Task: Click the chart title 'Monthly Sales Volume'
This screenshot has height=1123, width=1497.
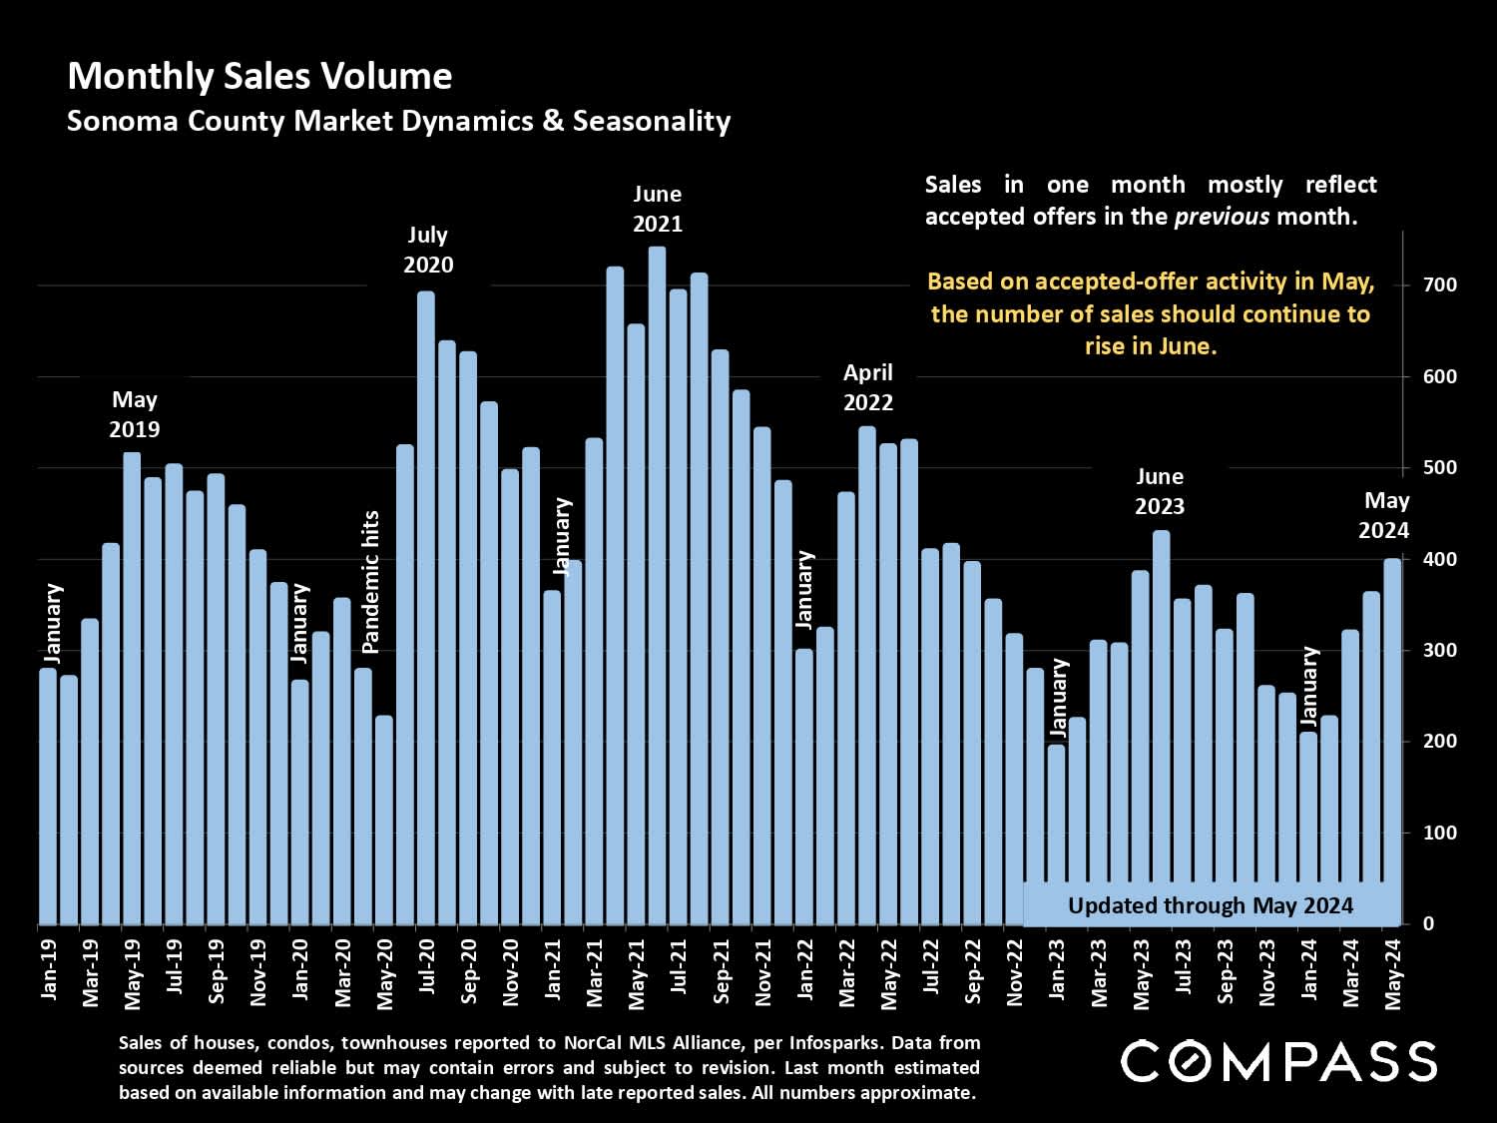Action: click(x=259, y=77)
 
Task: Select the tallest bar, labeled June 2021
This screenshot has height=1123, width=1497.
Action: click(x=657, y=589)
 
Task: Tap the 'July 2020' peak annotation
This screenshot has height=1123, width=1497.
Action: click(x=428, y=250)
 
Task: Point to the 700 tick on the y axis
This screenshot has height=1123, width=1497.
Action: click(x=1440, y=284)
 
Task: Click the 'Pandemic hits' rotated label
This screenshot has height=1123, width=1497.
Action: click(x=371, y=582)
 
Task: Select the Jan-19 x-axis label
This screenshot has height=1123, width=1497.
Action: click(x=49, y=969)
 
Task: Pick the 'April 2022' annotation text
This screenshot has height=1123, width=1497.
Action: click(x=867, y=387)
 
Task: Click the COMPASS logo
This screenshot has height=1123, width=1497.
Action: click(x=1278, y=1061)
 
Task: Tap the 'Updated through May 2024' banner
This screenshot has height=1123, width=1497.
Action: click(x=1210, y=905)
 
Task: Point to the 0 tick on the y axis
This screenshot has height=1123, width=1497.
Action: click(x=1428, y=923)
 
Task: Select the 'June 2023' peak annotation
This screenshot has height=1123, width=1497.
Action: click(x=1159, y=491)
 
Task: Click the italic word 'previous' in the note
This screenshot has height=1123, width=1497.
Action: click(x=1222, y=217)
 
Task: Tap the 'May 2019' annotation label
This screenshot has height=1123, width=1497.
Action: click(x=134, y=414)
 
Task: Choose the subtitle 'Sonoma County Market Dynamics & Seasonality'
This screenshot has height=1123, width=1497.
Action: click(x=398, y=122)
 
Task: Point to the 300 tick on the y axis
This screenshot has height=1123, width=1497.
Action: click(x=1440, y=650)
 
